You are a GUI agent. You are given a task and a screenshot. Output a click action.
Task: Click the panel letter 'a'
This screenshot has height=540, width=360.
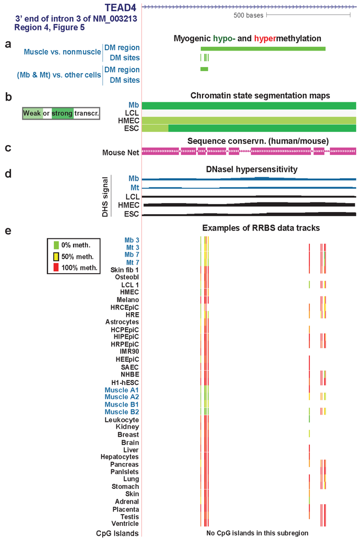click(8, 44)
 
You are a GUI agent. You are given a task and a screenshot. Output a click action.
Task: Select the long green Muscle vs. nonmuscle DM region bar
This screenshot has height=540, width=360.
click(262, 49)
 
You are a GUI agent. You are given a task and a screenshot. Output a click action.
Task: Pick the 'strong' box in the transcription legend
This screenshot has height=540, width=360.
click(62, 113)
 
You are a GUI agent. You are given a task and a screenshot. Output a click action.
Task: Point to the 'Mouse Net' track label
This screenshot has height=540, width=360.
click(121, 152)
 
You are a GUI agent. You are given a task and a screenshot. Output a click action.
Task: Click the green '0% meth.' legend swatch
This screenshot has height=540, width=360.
click(56, 245)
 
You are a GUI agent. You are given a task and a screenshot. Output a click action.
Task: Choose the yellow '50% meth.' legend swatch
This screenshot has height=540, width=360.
click(56, 257)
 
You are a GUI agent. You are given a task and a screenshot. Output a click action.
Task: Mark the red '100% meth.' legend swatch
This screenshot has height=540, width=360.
click(56, 268)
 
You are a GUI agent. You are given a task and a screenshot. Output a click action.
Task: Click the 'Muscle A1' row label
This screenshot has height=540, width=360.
click(122, 390)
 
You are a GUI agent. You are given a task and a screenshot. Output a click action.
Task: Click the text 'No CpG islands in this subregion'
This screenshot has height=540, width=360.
click(257, 533)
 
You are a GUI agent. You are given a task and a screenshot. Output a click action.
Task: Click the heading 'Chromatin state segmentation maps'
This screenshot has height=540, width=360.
click(260, 95)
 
